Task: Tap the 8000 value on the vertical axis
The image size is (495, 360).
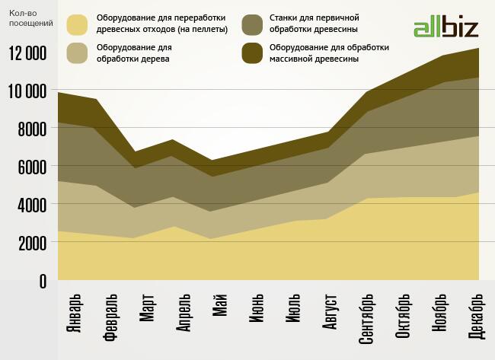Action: [31, 129]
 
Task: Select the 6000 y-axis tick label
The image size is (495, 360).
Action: [31, 167]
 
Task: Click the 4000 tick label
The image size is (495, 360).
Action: [31, 205]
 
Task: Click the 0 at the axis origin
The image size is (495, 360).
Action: [42, 282]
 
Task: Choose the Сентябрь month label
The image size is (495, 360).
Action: [366, 318]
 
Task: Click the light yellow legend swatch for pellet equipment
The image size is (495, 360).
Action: [78, 24]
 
